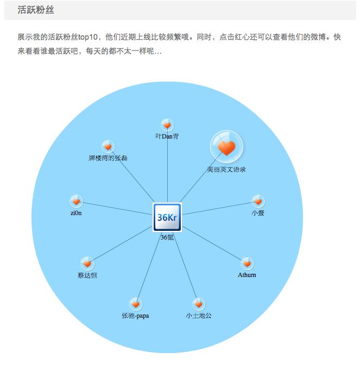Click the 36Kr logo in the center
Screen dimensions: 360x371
pyautogui.click(x=167, y=217)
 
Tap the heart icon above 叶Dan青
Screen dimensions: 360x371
pyautogui.click(x=167, y=125)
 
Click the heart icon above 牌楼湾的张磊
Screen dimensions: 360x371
pyautogui.click(x=108, y=147)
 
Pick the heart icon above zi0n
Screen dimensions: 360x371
pyautogui.click(x=76, y=201)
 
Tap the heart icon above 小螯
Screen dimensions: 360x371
pyautogui.click(x=258, y=201)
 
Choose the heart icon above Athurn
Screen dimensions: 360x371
pyautogui.click(x=247, y=263)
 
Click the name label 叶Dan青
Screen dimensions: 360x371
pyautogui.click(x=167, y=137)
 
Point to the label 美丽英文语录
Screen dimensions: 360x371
pyautogui.click(x=226, y=169)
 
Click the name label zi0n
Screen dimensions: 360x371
pyautogui.click(x=76, y=213)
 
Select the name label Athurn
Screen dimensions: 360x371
pyautogui.click(x=247, y=275)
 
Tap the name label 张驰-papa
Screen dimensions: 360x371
pyautogui.click(x=135, y=316)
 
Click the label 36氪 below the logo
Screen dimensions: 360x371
pyautogui.click(x=167, y=237)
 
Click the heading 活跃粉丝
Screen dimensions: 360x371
pyautogui.click(x=35, y=10)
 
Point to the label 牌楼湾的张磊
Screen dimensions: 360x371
pyautogui.click(x=108, y=158)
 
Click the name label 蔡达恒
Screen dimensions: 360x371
pyautogui.click(x=87, y=275)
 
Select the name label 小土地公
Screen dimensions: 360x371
pyautogui.click(x=199, y=316)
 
